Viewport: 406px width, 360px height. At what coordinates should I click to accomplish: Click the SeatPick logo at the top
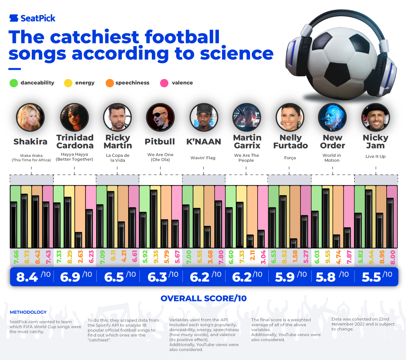click(32, 18)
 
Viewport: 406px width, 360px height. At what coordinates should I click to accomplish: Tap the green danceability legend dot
click(13, 83)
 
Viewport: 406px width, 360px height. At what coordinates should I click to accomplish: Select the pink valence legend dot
click(164, 83)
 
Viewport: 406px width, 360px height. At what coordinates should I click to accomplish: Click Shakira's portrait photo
click(30, 118)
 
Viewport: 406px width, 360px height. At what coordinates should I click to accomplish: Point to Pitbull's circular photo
click(160, 118)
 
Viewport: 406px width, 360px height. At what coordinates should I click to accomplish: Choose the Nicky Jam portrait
click(375, 118)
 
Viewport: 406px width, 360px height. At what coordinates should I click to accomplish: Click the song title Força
click(289, 158)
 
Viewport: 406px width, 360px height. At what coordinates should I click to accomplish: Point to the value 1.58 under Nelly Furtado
click(293, 257)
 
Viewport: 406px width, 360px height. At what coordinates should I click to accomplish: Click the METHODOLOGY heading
click(28, 312)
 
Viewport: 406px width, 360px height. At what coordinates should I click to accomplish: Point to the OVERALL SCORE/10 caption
click(203, 298)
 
